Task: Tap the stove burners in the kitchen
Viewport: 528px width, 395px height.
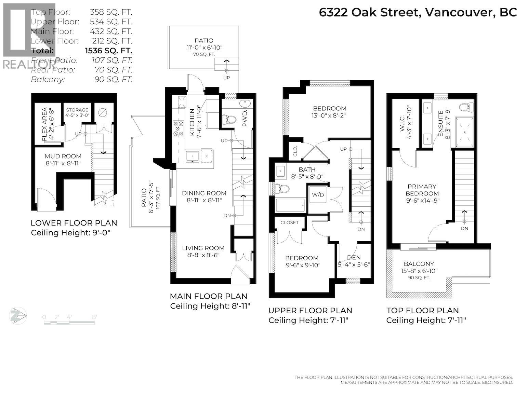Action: (x=178, y=128)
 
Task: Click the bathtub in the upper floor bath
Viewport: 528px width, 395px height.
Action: (x=290, y=206)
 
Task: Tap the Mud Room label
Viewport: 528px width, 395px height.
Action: (x=63, y=156)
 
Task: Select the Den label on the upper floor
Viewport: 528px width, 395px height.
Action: (x=354, y=257)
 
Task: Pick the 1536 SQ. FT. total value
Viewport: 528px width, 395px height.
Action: (x=108, y=51)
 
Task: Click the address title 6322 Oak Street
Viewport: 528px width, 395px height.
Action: (x=418, y=13)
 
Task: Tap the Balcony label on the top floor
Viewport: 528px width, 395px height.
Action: (x=419, y=264)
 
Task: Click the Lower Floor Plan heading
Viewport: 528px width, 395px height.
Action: (x=74, y=223)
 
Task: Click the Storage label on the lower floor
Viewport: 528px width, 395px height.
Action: (x=77, y=110)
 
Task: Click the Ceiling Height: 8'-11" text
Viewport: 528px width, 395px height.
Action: (x=210, y=306)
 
